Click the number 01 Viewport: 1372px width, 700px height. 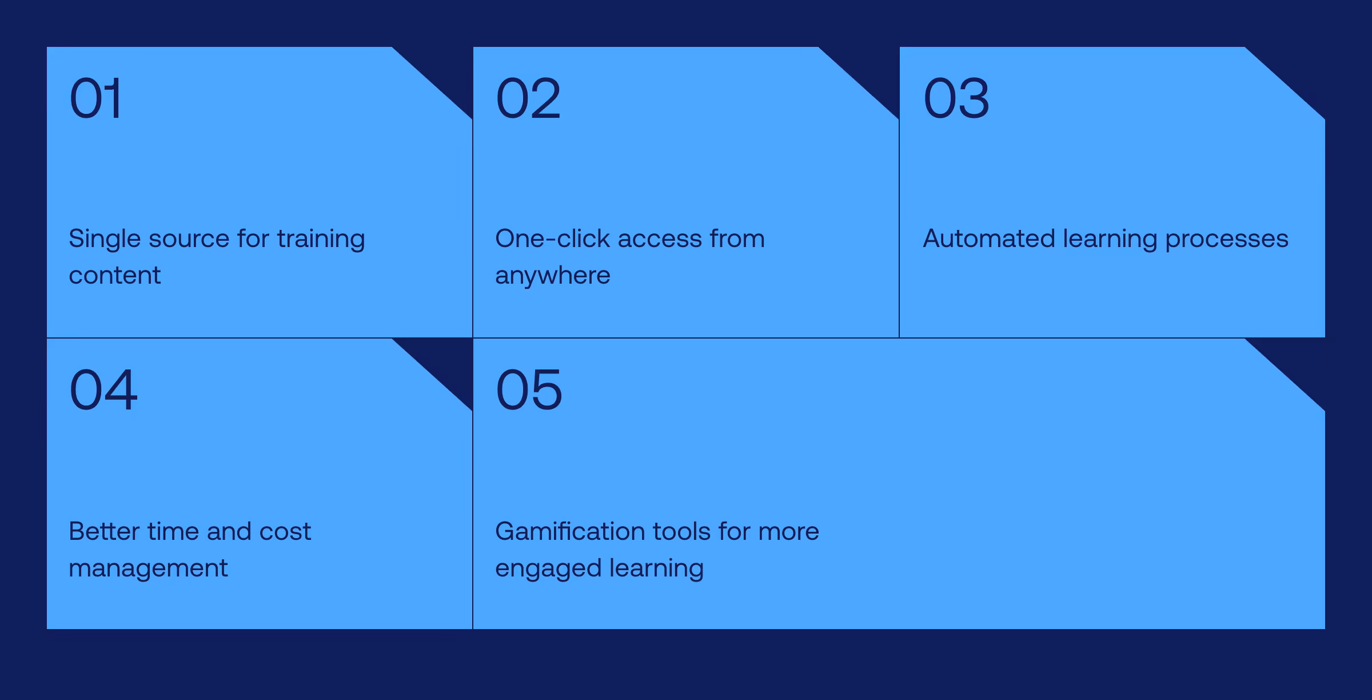(x=95, y=98)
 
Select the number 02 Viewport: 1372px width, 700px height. (x=528, y=98)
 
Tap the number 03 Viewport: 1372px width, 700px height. (x=956, y=98)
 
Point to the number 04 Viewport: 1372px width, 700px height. (x=103, y=390)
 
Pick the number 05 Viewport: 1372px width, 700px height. (x=529, y=390)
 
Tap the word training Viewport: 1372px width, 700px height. (x=321, y=239)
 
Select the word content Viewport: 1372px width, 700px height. (x=114, y=276)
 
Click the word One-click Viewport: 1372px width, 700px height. (x=552, y=238)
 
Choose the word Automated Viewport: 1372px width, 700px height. (x=988, y=238)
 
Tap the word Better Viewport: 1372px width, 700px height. (x=104, y=531)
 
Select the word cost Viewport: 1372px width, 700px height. (x=285, y=531)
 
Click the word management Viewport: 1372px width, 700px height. (x=148, y=568)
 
